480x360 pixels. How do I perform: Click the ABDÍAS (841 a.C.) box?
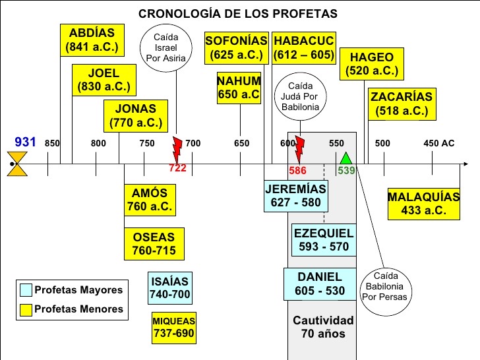[x=92, y=40]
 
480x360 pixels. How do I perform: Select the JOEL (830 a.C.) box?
[x=104, y=80]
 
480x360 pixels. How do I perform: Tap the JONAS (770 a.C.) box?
[x=135, y=115]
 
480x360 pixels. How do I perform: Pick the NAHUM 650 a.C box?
[x=239, y=88]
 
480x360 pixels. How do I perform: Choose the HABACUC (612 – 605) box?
[x=304, y=47]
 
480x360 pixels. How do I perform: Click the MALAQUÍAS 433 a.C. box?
[x=423, y=204]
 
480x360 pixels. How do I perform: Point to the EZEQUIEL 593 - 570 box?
[x=323, y=241]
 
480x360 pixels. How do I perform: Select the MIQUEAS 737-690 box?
[x=174, y=327]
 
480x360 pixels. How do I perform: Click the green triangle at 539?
[x=345, y=158]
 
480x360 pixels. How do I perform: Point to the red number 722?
[x=178, y=168]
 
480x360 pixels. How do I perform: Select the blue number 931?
[x=25, y=142]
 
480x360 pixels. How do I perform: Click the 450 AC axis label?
[x=438, y=143]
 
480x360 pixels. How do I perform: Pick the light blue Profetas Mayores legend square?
[x=26, y=290]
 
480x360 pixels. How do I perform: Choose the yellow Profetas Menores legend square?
[x=26, y=309]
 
